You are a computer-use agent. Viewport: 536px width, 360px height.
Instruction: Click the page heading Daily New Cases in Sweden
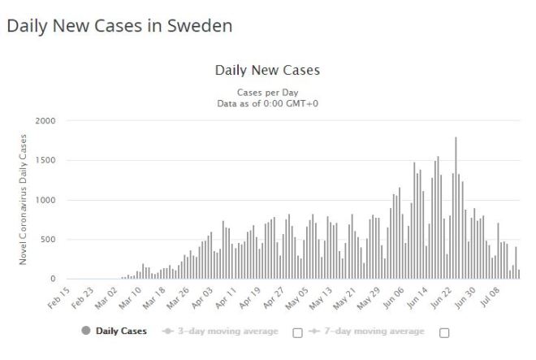(x=119, y=25)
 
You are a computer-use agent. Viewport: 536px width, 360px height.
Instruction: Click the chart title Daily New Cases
(x=267, y=70)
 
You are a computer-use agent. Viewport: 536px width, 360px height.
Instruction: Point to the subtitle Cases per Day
(x=267, y=92)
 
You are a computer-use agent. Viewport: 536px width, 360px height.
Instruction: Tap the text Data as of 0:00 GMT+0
(x=267, y=103)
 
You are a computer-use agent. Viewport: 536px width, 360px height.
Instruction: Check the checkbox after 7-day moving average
(x=444, y=332)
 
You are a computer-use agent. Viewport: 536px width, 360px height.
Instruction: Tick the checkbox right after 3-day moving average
(x=297, y=332)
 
